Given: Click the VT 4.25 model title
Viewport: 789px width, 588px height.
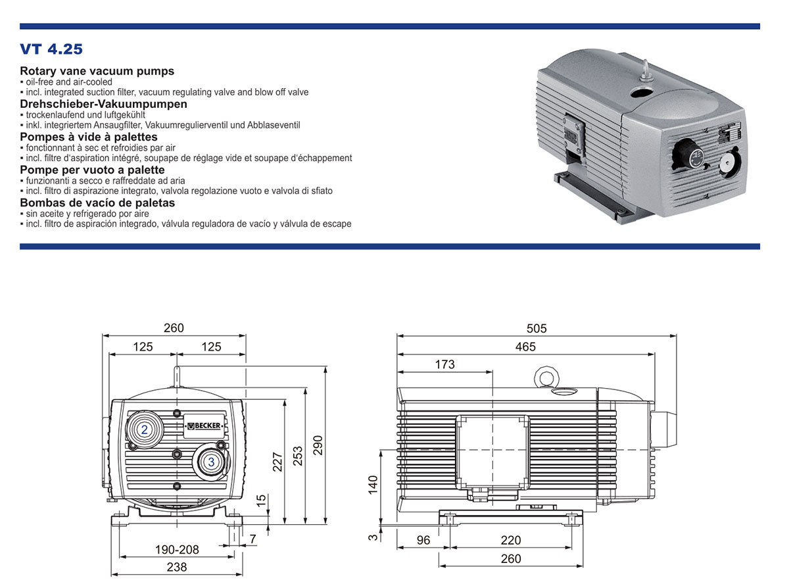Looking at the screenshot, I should tap(51, 49).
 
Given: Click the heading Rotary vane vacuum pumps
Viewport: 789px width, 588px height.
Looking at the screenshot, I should tap(97, 71).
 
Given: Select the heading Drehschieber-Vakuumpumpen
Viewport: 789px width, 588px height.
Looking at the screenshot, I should tap(103, 104).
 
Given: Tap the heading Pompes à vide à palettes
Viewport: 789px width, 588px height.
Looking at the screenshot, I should tap(89, 137).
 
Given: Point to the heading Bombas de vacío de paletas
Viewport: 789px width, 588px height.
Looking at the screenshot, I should tap(97, 202).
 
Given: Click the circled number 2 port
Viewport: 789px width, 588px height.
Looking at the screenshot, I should tap(143, 429).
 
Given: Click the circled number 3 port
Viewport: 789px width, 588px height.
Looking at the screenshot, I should tap(211, 462).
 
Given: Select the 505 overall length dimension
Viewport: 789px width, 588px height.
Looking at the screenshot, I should tap(537, 328).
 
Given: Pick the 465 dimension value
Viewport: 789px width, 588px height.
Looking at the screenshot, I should tap(525, 347).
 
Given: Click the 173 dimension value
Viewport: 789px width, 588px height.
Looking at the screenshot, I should tap(444, 364).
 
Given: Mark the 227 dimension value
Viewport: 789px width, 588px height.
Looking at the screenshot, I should tap(277, 462).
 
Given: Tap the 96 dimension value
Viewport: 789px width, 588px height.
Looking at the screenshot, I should tap(423, 540).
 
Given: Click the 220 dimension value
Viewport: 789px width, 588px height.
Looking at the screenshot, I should tap(510, 540).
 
